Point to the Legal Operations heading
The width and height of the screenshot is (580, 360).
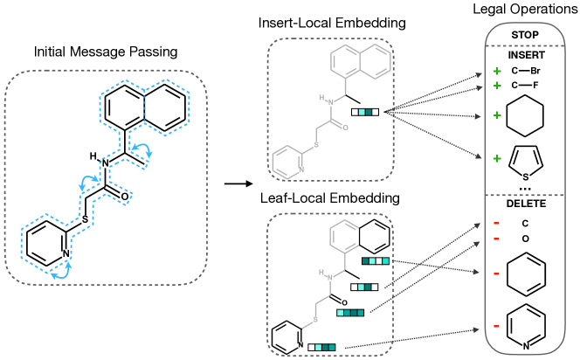pyautogui.click(x=531, y=9)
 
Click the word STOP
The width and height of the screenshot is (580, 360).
pyautogui.click(x=530, y=36)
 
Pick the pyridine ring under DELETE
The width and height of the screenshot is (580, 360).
pyautogui.click(x=530, y=326)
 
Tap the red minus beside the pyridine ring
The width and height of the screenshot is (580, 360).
pyautogui.click(x=495, y=325)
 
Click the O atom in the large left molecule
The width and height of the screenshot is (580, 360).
pyautogui.click(x=126, y=197)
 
